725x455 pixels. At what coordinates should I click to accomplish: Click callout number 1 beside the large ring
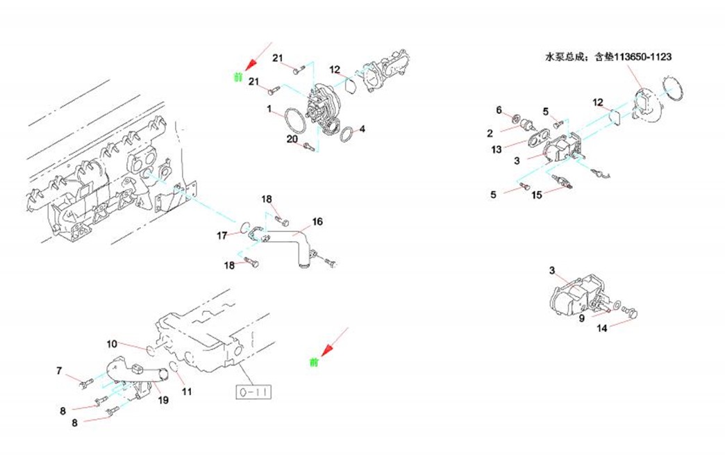pyautogui.click(x=269, y=110)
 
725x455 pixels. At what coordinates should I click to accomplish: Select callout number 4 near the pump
pyautogui.click(x=362, y=129)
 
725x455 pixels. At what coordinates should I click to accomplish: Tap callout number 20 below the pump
pyautogui.click(x=292, y=140)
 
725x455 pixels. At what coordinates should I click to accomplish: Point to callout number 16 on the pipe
pyautogui.click(x=317, y=222)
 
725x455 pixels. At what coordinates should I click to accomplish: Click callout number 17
pyautogui.click(x=222, y=236)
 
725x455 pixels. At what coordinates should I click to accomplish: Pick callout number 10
pyautogui.click(x=112, y=344)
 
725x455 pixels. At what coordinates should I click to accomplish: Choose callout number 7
pyautogui.click(x=59, y=371)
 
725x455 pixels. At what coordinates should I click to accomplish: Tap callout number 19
pyautogui.click(x=163, y=400)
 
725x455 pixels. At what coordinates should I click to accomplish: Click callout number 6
pyautogui.click(x=499, y=110)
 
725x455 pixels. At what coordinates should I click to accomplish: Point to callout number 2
pyautogui.click(x=490, y=133)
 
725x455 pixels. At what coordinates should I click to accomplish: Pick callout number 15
pyautogui.click(x=537, y=195)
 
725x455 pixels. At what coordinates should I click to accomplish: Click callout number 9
pyautogui.click(x=582, y=319)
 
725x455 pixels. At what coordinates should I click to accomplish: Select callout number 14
pyautogui.click(x=602, y=328)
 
